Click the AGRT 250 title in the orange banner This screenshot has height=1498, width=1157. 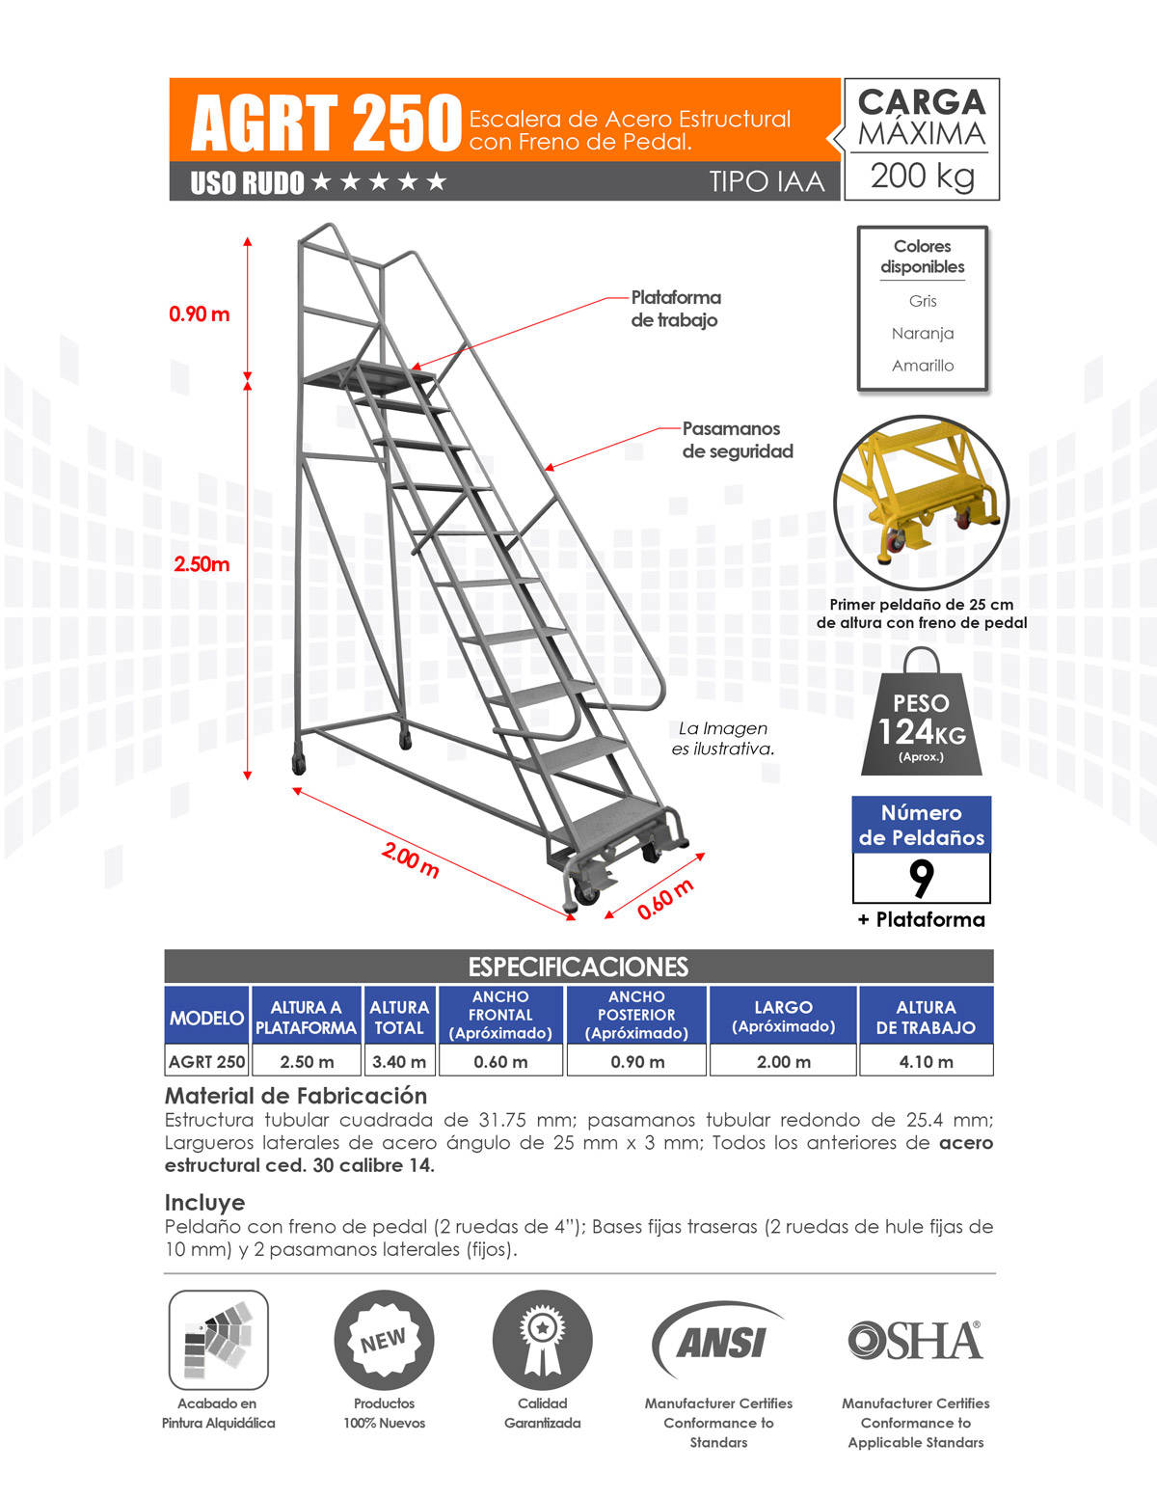pyautogui.click(x=326, y=123)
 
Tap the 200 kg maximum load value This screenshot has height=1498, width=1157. pyautogui.click(x=922, y=176)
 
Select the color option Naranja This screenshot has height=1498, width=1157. pyautogui.click(x=923, y=333)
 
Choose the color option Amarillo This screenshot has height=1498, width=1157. pyautogui.click(x=923, y=366)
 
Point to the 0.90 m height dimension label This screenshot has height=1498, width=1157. pyautogui.click(x=200, y=313)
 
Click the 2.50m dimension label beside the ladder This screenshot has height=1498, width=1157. pyautogui.click(x=202, y=564)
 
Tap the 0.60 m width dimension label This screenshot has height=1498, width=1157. pyautogui.click(x=664, y=899)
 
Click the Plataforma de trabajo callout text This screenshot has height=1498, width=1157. pyautogui.click(x=676, y=309)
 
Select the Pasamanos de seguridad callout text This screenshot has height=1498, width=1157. pyautogui.click(x=738, y=440)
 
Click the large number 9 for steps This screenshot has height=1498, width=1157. pyautogui.click(x=922, y=878)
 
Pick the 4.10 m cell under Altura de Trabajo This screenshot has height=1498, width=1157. pyautogui.click(x=926, y=1061)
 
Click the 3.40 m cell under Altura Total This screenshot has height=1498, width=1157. pyautogui.click(x=399, y=1061)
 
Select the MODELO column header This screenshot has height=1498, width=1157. pyautogui.click(x=206, y=1018)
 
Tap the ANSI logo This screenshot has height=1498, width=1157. pyautogui.click(x=719, y=1342)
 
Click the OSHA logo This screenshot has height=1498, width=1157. pyautogui.click(x=915, y=1341)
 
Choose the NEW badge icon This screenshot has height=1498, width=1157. pyautogui.click(x=384, y=1341)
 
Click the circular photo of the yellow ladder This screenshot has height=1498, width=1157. pyautogui.click(x=921, y=503)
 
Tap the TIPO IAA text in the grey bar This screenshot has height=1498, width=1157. pyautogui.click(x=767, y=181)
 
